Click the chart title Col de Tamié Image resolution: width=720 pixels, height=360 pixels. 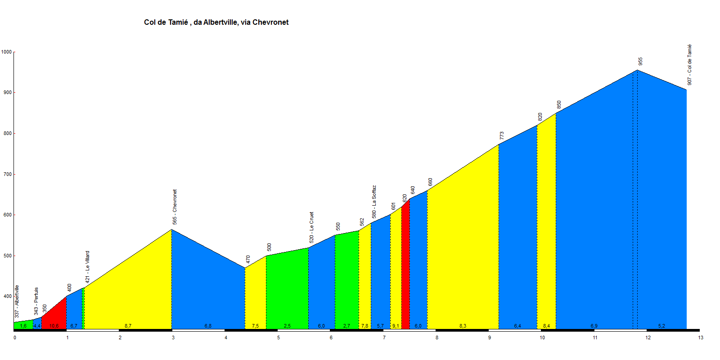click(x=216, y=22)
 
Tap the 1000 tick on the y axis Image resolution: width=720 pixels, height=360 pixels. click(x=6, y=52)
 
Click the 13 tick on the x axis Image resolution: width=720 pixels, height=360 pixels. click(x=701, y=337)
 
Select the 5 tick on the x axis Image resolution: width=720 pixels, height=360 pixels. click(x=279, y=337)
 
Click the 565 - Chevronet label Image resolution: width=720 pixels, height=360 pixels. click(x=175, y=207)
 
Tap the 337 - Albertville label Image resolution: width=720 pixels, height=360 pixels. click(x=17, y=301)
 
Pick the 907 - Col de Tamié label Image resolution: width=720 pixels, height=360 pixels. click(x=689, y=65)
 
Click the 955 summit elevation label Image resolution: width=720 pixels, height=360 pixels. click(x=640, y=61)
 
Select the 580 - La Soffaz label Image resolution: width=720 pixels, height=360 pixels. click(x=374, y=202)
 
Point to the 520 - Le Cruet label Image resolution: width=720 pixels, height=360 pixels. click(x=311, y=228)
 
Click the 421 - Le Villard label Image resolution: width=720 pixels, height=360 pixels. click(x=88, y=267)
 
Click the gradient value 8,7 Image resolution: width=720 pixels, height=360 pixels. click(x=128, y=326)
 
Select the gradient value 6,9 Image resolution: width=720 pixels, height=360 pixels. click(x=594, y=326)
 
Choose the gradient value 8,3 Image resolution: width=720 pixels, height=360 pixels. click(x=463, y=326)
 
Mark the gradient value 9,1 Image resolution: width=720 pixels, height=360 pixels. click(x=396, y=326)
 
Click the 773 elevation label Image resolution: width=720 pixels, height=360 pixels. click(x=502, y=135)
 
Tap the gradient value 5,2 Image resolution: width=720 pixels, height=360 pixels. click(x=661, y=326)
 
